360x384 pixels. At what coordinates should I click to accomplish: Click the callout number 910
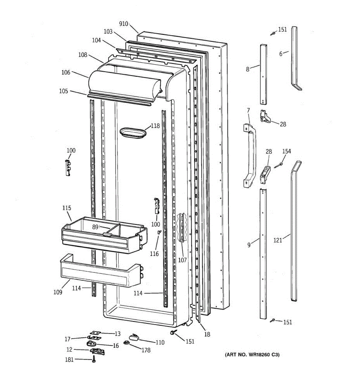coord(124,24)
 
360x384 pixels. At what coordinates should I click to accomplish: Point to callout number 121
coord(277,240)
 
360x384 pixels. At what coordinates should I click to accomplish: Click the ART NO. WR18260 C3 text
coord(252,355)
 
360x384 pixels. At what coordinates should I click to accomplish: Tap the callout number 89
coord(95,227)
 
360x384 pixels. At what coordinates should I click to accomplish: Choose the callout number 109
coord(58,292)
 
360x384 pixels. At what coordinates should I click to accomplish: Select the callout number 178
coord(146,350)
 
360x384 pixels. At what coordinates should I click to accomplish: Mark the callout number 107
coord(182,260)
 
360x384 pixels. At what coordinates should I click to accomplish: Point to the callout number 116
coord(154,254)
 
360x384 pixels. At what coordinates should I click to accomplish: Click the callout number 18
coord(207,334)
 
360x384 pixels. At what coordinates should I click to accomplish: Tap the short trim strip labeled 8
coord(263,74)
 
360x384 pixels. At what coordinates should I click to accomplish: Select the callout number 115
coord(67,208)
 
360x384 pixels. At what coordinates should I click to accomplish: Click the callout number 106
coord(66,73)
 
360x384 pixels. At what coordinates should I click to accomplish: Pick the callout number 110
coord(160,342)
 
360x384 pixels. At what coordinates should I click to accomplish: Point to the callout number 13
coord(117,334)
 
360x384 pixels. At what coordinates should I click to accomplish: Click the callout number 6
coord(281,54)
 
